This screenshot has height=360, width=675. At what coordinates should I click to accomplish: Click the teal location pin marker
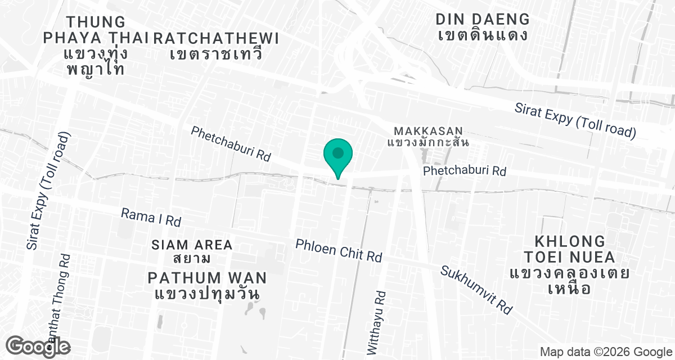(x=338, y=155)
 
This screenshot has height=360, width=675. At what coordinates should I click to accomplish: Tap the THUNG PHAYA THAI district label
(x=96, y=30)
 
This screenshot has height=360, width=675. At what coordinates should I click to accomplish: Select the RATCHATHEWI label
(x=216, y=38)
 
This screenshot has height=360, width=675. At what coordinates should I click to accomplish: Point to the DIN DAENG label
(x=483, y=19)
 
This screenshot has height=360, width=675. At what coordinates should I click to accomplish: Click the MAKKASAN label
(x=428, y=131)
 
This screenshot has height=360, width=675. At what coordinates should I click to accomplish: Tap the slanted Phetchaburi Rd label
(x=231, y=144)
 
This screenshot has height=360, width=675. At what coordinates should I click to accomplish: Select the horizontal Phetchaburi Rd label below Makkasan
(x=465, y=170)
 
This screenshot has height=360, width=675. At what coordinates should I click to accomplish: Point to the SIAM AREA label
(x=192, y=245)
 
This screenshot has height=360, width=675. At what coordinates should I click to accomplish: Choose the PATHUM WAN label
(x=207, y=278)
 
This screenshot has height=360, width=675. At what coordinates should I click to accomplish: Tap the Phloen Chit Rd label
(x=339, y=250)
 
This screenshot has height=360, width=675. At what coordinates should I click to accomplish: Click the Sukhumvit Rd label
(x=476, y=290)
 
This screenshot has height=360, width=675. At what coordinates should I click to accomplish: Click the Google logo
(x=39, y=346)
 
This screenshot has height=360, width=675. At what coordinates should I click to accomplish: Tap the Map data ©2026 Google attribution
(x=606, y=352)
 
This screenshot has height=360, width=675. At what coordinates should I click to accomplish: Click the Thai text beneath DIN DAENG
(x=483, y=35)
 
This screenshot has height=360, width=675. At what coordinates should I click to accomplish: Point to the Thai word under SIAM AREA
(x=192, y=259)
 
